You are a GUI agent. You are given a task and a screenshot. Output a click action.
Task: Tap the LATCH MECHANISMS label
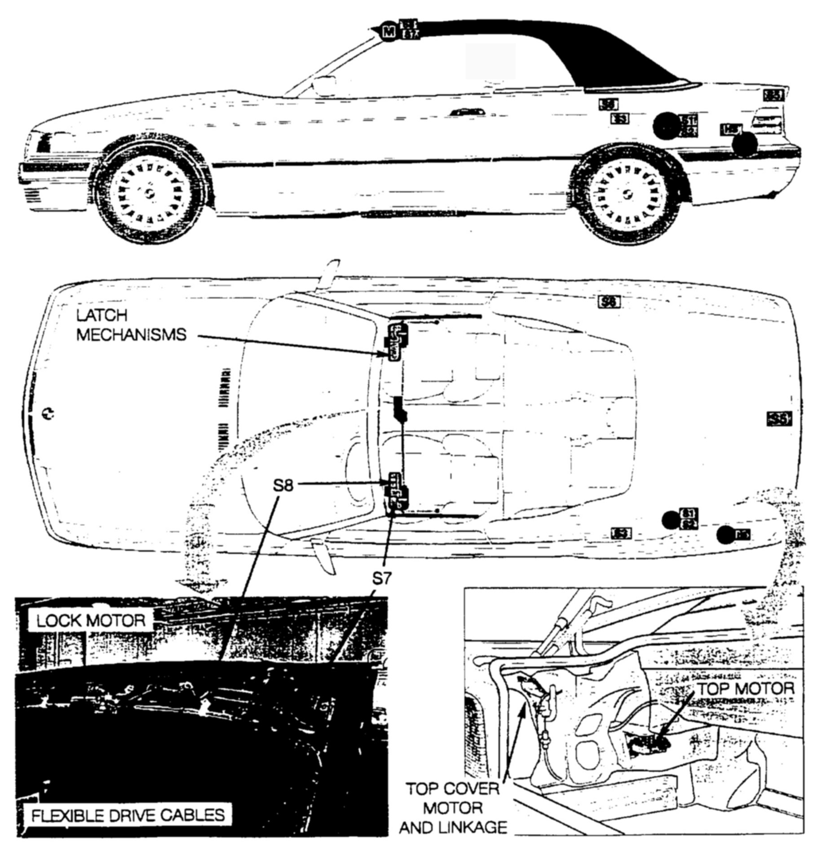click(x=131, y=325)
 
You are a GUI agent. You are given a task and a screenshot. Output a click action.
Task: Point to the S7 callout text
click(x=382, y=579)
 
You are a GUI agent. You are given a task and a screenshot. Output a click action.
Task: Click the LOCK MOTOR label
click(x=91, y=621)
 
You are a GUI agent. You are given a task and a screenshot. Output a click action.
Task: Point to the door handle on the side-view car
click(x=468, y=111)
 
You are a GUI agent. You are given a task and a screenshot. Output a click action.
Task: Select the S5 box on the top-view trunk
click(x=778, y=419)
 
